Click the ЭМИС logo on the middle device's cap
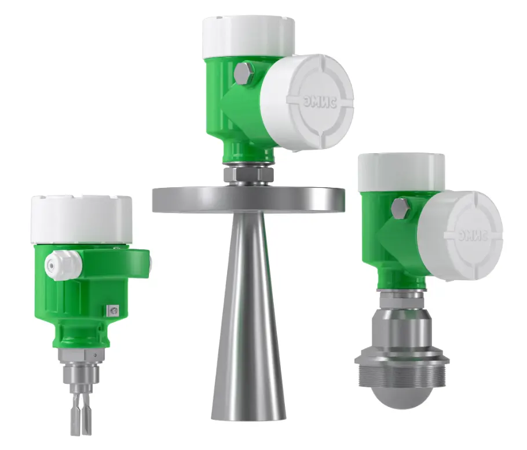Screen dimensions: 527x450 click(x=319, y=101)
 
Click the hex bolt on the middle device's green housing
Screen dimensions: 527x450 click(x=244, y=74)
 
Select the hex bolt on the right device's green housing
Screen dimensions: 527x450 click(x=401, y=209)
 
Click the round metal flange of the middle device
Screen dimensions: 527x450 click(x=248, y=199)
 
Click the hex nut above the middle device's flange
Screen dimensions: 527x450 click(x=248, y=173)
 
